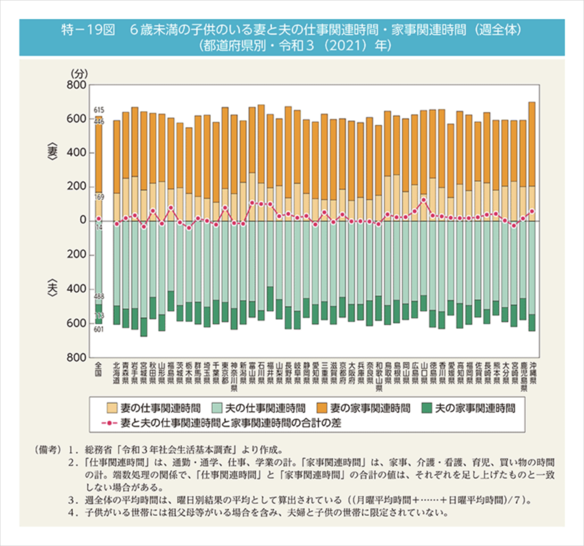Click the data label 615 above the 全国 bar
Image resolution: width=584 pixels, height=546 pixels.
[x=99, y=109]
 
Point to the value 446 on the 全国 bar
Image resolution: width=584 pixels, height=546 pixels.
[x=99, y=121]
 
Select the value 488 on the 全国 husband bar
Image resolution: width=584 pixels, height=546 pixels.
[x=99, y=296]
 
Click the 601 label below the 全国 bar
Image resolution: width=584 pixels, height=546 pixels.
[x=99, y=329]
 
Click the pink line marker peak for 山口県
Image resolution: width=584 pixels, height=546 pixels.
[x=423, y=200]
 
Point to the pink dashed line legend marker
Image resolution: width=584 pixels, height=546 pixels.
[x=109, y=424]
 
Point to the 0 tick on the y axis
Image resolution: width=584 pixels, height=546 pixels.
[x=82, y=221]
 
